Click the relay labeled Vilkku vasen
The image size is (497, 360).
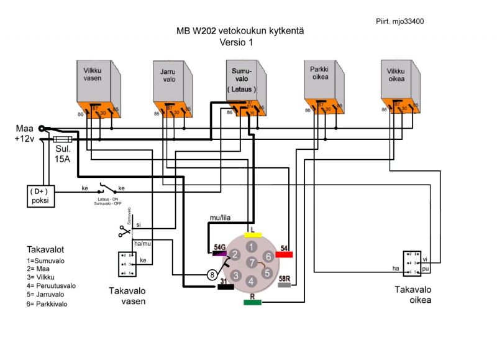[96, 88]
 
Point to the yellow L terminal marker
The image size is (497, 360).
[252, 235]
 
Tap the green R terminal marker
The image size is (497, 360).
[252, 303]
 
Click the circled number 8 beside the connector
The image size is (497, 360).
[212, 274]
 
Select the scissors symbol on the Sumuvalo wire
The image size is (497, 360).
[124, 232]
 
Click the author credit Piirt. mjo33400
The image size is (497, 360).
[400, 21]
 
